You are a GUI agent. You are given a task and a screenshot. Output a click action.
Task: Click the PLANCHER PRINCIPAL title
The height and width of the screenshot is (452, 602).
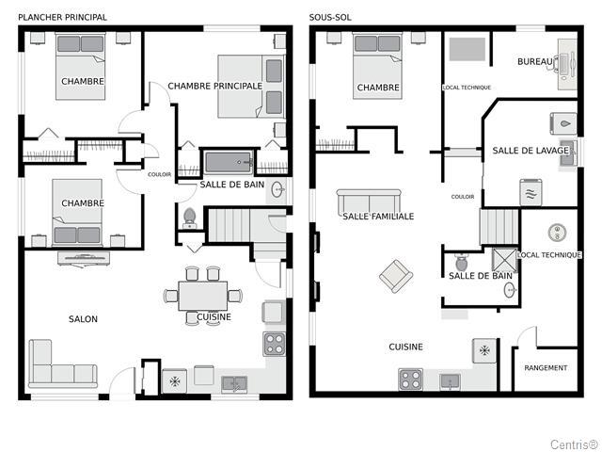coord(63,17)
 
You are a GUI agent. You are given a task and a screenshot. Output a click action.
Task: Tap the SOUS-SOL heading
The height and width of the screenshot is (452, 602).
coord(330,17)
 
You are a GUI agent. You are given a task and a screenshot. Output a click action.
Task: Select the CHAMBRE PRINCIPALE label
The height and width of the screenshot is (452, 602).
coord(215,86)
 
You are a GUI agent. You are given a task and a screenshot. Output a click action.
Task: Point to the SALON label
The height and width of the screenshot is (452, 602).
coord(83,319)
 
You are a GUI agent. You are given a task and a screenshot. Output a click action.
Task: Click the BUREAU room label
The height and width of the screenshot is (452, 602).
coord(535,61)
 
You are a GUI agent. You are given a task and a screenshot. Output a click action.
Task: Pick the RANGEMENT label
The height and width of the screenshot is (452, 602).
coord(546,368)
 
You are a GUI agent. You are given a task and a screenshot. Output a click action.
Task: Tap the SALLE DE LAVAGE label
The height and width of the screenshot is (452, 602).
coord(531,151)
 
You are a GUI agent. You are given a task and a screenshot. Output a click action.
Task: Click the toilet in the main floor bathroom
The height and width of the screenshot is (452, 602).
coord(189,218)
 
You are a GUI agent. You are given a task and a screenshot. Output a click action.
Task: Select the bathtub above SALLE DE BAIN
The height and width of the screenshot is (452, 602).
coord(228,163)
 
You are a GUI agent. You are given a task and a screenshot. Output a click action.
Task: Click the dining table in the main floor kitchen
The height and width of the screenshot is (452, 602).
coord(203,296)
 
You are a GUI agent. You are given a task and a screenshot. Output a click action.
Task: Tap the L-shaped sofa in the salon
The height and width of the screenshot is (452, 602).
coord(62,364)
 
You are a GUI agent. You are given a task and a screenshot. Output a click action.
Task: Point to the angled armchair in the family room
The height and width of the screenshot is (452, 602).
coord(396,276)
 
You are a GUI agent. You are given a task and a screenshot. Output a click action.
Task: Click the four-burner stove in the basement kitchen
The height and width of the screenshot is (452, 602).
coord(410,379)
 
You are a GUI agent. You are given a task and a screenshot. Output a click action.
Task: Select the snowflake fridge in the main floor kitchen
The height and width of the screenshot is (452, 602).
coord(174,380)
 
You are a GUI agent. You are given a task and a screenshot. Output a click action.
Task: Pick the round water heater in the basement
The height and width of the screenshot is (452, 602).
coord(557,233)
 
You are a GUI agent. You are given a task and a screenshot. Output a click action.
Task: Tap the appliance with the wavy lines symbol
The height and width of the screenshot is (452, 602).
coord(531,192)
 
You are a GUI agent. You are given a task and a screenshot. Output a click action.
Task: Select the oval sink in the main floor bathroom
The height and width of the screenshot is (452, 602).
coord(278,189)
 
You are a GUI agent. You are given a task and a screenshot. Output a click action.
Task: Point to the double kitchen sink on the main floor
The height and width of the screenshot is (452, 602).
coord(234,384)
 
